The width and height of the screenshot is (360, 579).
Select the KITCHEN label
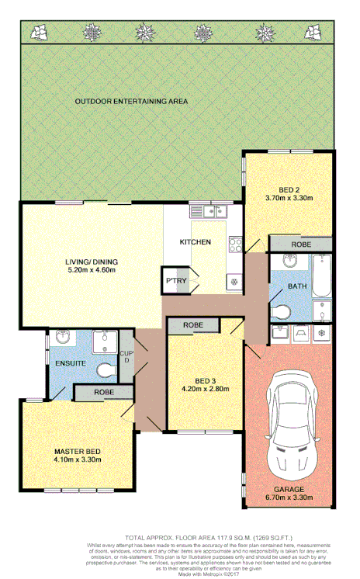(196, 242)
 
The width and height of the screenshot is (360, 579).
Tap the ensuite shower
(101, 342)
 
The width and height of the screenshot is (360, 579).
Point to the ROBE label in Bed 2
(302, 245)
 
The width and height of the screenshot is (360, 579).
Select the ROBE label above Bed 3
(193, 325)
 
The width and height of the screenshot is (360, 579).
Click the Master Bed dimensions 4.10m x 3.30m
(78, 460)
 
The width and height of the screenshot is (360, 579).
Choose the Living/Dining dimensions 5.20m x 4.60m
(90, 271)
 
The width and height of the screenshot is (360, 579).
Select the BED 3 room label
(206, 380)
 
